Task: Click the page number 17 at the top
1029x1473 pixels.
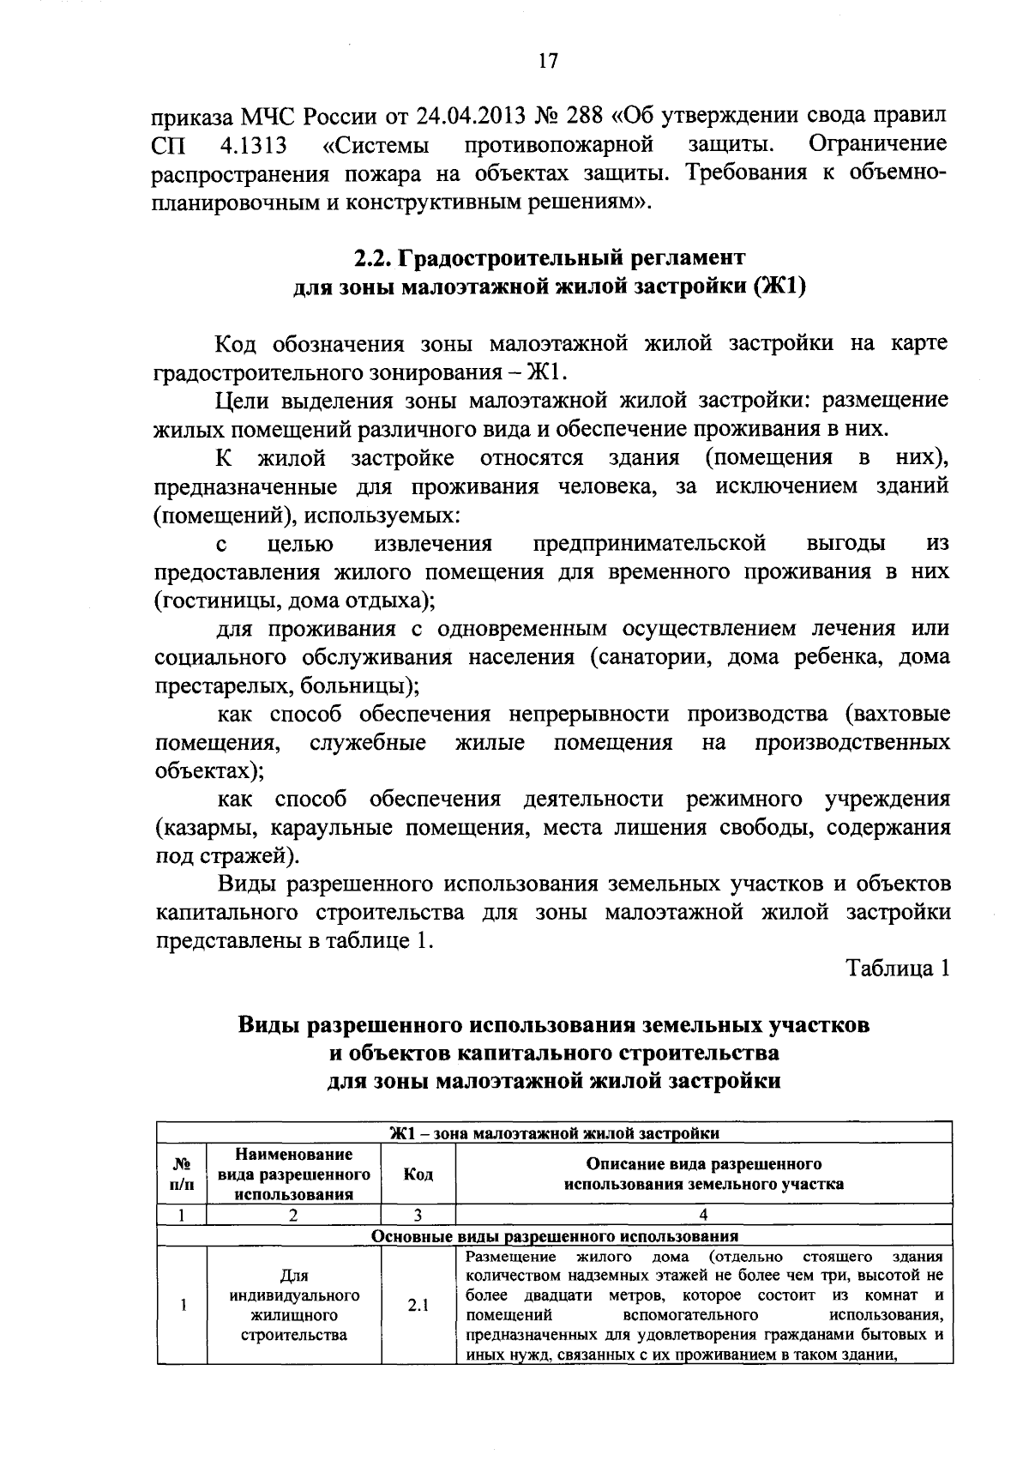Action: (548, 61)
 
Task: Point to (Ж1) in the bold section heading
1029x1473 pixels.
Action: (779, 287)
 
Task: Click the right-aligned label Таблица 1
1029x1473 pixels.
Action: (899, 969)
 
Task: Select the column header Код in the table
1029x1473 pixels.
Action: (418, 1174)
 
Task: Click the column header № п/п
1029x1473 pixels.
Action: (182, 1174)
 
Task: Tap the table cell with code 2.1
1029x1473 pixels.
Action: (418, 1306)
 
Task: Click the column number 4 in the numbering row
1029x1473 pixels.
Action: (703, 1214)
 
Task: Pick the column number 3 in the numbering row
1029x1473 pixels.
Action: (418, 1214)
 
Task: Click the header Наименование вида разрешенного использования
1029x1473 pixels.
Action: (294, 1174)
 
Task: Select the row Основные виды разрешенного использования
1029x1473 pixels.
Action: (555, 1236)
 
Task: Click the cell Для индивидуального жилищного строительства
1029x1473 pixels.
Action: (294, 1306)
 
